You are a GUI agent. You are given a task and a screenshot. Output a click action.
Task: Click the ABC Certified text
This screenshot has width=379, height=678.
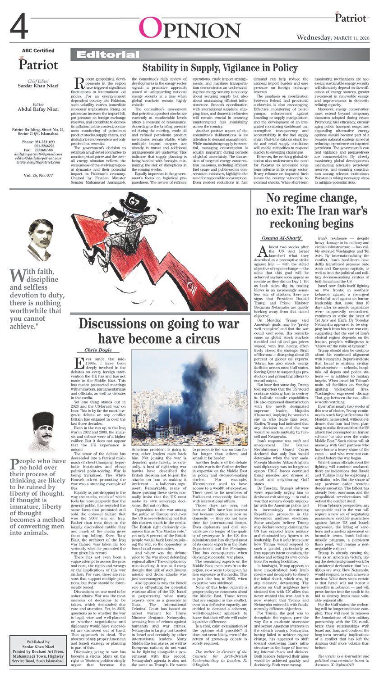coord(38,51)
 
